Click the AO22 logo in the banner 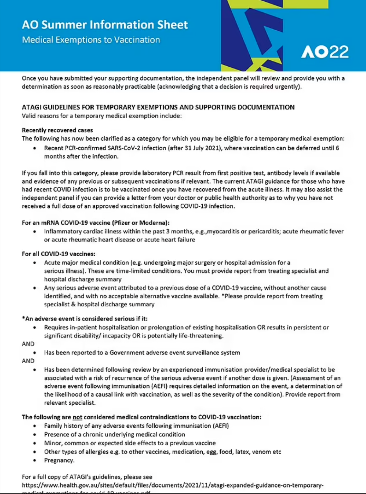tap(325, 52)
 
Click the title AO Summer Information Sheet tap(105, 25)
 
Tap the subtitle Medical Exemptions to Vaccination tap(91, 40)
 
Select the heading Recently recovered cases tap(57, 130)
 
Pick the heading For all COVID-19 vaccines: tap(58, 254)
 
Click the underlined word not tap(77, 417)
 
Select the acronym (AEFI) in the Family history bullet tap(220, 426)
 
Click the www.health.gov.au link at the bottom tap(173, 485)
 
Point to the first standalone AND tap(28, 344)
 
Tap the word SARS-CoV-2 tap(128, 148)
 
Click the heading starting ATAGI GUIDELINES tap(158, 107)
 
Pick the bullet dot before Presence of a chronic tap(35, 435)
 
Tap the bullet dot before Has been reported tap(35, 353)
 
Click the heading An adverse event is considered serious tap(85, 319)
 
